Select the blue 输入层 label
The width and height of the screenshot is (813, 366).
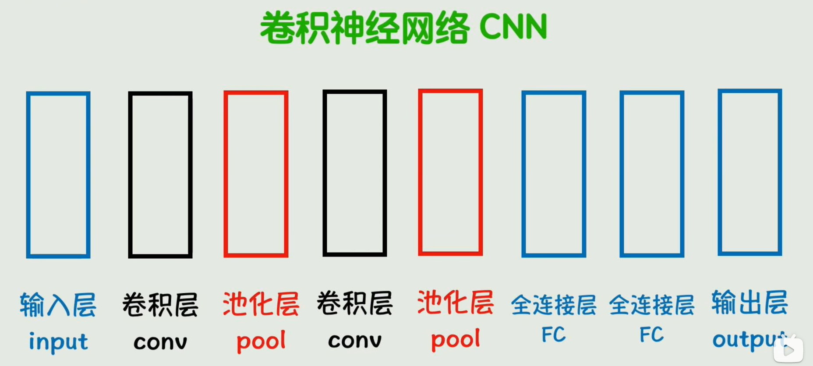(58, 305)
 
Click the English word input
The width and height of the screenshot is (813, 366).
(58, 341)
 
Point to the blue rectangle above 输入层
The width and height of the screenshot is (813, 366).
(58, 175)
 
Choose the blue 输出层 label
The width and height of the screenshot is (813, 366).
(749, 302)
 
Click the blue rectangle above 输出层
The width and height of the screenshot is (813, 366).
(749, 172)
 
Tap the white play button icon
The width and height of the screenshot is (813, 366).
(788, 350)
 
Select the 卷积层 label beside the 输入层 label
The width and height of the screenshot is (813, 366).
(160, 305)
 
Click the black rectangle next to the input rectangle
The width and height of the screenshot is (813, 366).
(160, 175)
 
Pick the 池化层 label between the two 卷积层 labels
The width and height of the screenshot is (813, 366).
(261, 304)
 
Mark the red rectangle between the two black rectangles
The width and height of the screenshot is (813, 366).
(256, 174)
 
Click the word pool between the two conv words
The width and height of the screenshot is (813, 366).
(261, 341)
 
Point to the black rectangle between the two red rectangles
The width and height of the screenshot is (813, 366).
(354, 173)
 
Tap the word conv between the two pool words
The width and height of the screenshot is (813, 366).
(355, 341)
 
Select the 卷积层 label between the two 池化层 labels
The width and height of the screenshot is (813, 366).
(354, 303)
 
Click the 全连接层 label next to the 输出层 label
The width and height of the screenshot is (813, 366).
(651, 305)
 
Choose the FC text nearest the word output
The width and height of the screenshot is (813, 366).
(651, 335)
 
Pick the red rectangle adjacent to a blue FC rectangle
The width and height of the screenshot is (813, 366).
(450, 172)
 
